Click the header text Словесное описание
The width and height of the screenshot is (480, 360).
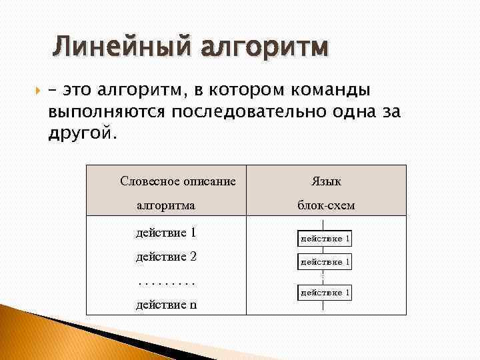coord(178,181)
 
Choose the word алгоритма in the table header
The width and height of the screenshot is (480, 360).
coord(166,205)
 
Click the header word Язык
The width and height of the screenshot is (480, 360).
coord(326,181)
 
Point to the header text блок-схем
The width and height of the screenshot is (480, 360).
coord(326,205)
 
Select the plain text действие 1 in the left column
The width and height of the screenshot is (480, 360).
coord(165,233)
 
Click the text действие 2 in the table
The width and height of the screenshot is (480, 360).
coord(165,257)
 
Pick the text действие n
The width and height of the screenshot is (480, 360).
coord(166,305)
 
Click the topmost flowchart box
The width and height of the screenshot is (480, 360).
coord(325,237)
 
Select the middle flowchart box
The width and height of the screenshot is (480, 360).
coord(325,262)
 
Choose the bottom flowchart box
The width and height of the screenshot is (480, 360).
coord(325,292)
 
